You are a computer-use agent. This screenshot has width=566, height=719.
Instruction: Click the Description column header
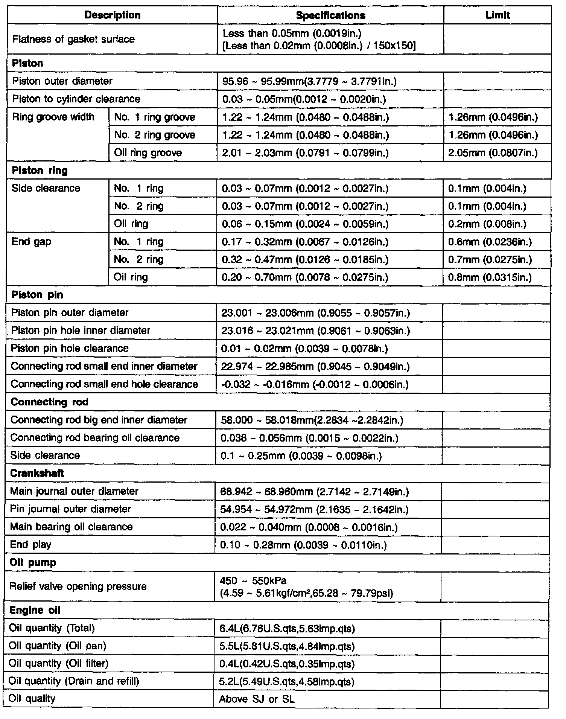click(x=112, y=15)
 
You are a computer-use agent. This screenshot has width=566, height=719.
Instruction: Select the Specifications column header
click(x=330, y=15)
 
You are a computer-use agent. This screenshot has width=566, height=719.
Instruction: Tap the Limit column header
click(x=498, y=15)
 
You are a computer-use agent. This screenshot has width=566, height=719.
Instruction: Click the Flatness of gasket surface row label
click(x=73, y=39)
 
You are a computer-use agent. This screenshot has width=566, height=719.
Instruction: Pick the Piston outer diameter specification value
click(x=309, y=81)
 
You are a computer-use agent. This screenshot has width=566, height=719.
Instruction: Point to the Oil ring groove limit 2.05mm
click(x=493, y=153)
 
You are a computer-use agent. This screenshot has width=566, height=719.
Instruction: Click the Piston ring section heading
click(x=40, y=171)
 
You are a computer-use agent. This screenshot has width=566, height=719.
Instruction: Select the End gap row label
click(x=31, y=242)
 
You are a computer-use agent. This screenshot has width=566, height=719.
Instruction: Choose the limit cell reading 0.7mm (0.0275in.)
click(x=490, y=259)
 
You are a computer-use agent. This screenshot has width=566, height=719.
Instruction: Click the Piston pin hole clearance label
click(x=70, y=348)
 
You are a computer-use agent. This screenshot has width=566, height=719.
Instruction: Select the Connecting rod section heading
click(x=49, y=402)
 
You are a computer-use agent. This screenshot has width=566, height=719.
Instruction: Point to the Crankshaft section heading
click(x=37, y=473)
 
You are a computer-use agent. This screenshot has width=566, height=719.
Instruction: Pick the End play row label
click(x=30, y=545)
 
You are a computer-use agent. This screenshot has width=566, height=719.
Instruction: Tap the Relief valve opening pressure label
click(x=78, y=586)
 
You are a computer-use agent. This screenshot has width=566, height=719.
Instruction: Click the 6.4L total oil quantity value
click(x=287, y=629)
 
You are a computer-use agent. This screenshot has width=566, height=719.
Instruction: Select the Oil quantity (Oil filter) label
click(x=58, y=663)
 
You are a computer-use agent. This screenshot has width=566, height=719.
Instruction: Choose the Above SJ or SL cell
click(x=257, y=699)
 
